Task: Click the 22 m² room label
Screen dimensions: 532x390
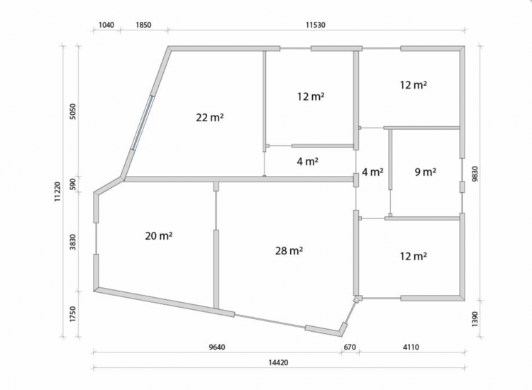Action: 210,118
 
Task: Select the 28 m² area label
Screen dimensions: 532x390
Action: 289,251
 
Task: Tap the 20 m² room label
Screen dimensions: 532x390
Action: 158,235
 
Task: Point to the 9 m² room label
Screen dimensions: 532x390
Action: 426,172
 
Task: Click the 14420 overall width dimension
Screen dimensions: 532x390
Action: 278,362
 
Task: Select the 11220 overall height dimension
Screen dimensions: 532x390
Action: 57,191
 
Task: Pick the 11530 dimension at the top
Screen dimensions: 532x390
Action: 316,25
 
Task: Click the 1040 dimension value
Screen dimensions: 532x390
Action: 106,25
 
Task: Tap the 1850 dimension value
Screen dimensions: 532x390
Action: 143,25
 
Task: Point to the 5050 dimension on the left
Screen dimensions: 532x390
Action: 73,111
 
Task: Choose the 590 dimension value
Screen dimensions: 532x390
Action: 73,184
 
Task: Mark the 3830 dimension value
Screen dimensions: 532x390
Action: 73,242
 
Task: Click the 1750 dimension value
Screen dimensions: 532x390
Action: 73,314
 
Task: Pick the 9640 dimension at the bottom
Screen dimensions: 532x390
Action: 217,347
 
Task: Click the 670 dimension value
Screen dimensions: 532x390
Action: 350,347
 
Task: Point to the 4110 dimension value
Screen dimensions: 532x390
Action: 411,347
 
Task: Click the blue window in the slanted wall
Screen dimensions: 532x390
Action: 143,123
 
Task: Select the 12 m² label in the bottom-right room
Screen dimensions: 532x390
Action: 413,257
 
